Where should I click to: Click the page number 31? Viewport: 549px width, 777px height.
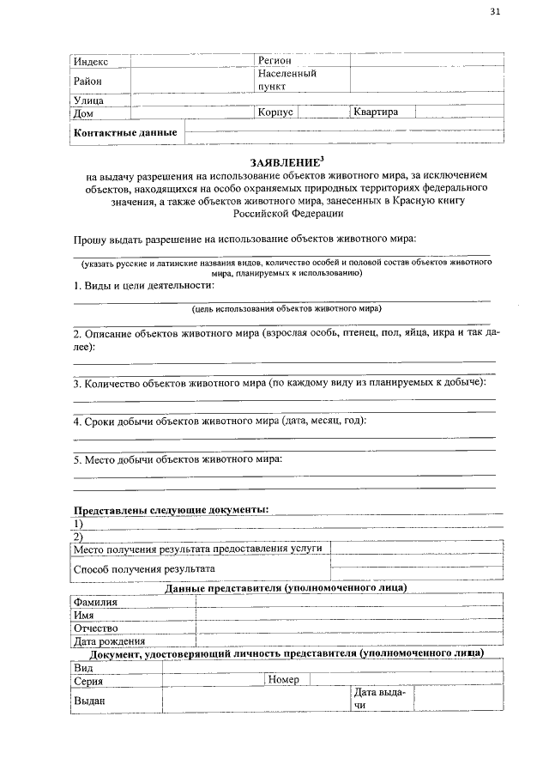495,11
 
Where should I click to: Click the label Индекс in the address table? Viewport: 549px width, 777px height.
91,62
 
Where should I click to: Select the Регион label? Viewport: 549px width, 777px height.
275,61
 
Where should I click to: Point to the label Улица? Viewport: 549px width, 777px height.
88,101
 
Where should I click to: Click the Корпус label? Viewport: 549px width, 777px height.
275,112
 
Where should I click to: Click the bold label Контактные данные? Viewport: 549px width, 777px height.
126,132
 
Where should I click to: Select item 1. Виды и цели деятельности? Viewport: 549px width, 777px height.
143,285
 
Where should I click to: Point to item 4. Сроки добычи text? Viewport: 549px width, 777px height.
220,422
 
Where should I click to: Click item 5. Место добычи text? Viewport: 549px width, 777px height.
178,459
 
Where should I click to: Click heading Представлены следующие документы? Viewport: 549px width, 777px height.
171,509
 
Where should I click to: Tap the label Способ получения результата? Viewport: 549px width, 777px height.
144,568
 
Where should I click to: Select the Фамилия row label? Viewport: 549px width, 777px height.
95,602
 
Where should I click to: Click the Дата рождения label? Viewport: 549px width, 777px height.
109,640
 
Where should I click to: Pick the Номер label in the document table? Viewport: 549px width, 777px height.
283,680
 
